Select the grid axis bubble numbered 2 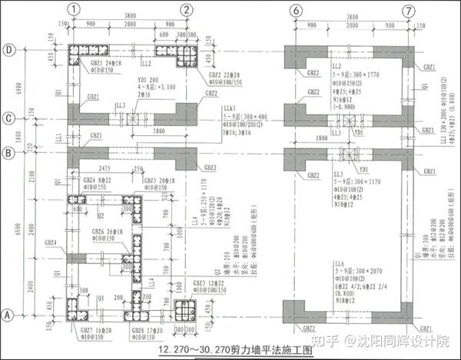click(x=187, y=10)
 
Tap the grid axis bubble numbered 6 click(x=295, y=10)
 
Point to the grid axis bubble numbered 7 click(x=408, y=10)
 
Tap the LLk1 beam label click(x=229, y=110)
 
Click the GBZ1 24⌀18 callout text click(x=101, y=62)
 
